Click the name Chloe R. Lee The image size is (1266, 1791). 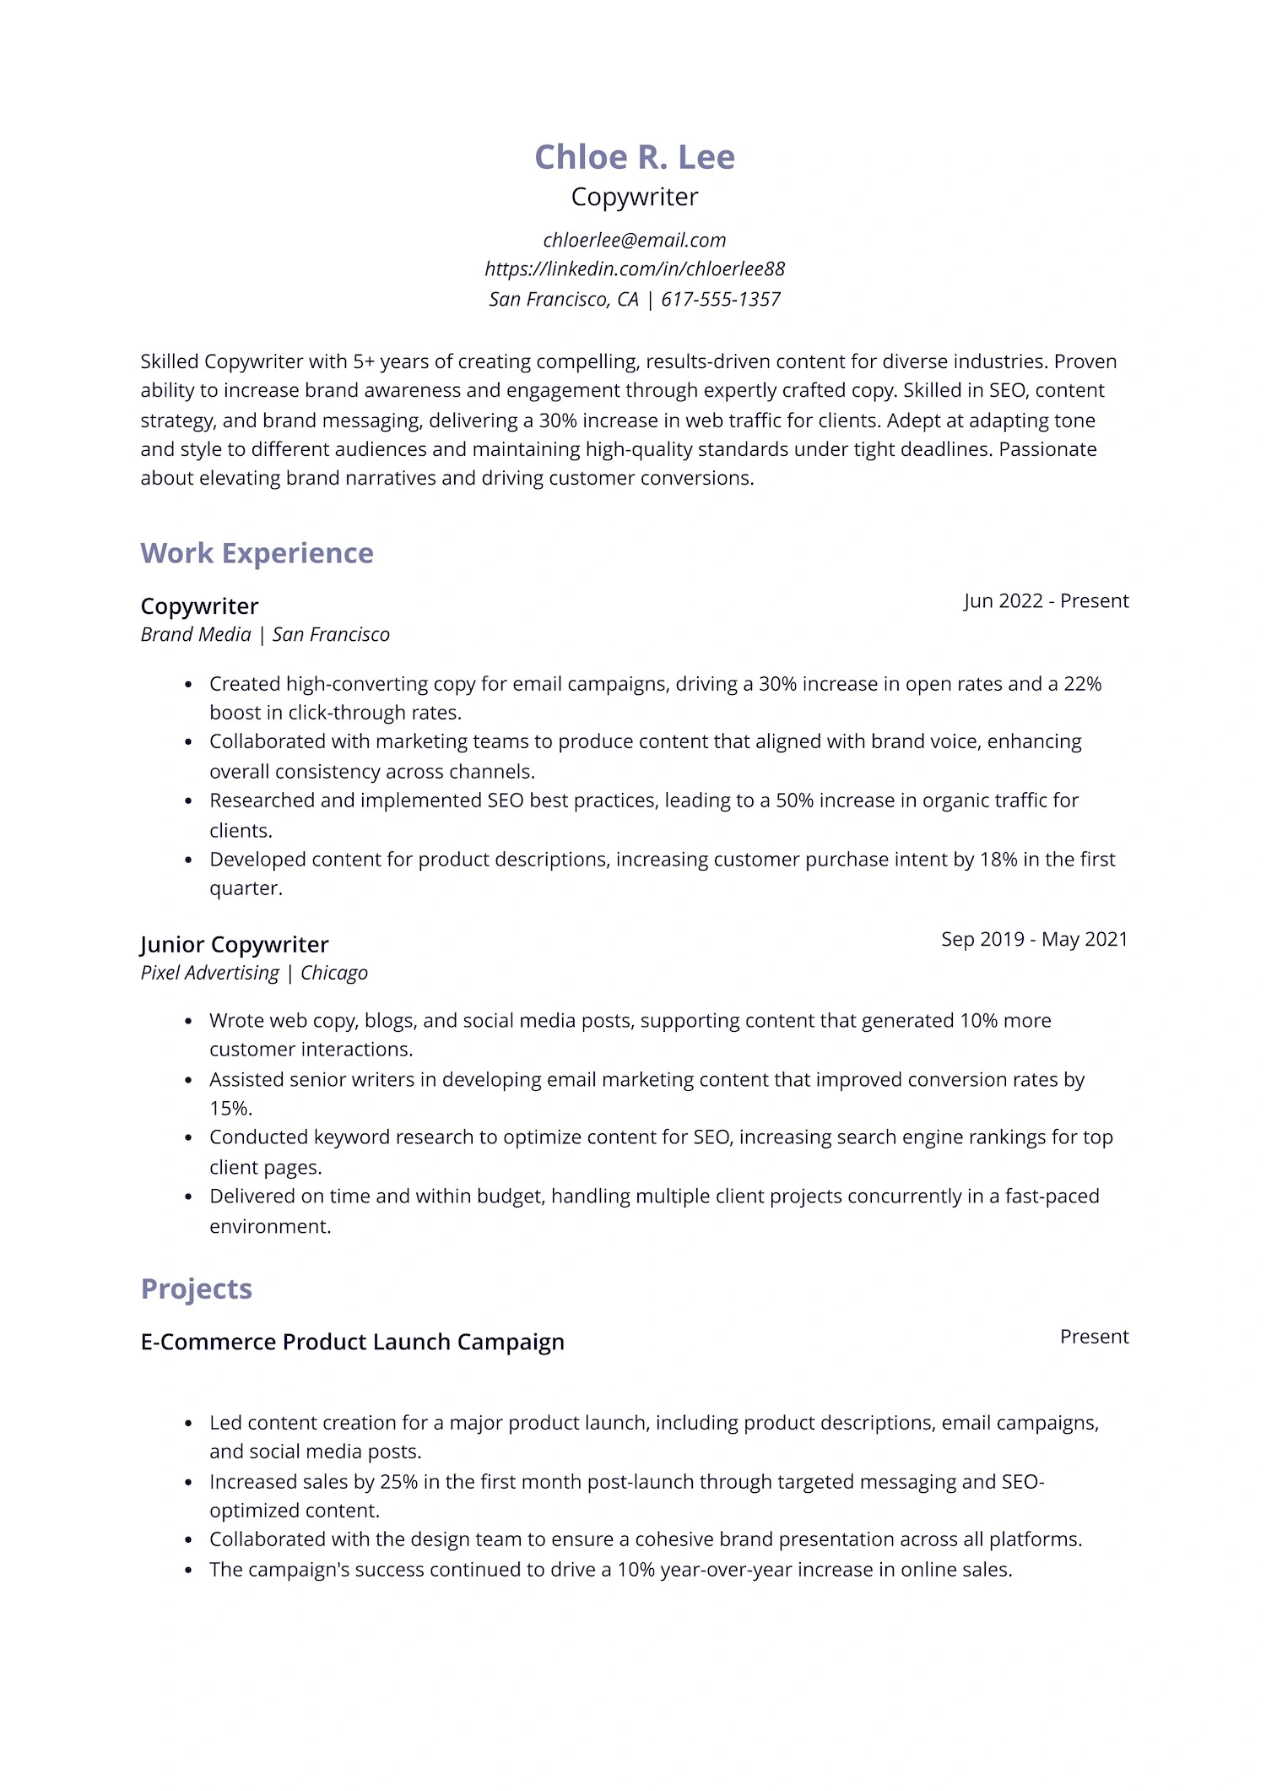635,157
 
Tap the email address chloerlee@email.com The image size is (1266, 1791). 635,241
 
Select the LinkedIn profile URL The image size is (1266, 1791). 635,269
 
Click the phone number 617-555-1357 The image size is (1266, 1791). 721,300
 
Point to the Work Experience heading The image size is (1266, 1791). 257,553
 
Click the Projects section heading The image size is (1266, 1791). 196,1289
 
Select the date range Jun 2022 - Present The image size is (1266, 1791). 1046,601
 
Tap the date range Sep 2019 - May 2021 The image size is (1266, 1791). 1034,940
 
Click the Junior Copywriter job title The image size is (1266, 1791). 234,945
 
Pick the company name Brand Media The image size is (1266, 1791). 196,635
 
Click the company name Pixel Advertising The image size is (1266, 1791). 209,974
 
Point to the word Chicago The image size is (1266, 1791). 334,974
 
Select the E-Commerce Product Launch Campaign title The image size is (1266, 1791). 352,1343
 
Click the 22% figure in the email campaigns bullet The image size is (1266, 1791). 1082,684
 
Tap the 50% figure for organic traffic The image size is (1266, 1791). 794,801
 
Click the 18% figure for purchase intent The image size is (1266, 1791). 998,860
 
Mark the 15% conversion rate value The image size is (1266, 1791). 230,1109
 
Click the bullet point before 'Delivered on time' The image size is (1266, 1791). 188,1197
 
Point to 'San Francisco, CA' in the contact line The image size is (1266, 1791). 563,300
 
